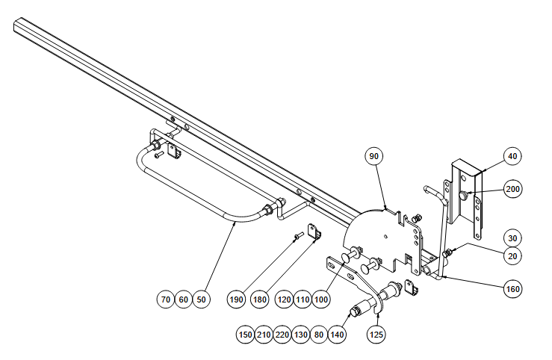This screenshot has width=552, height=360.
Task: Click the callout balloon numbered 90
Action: (x=374, y=156)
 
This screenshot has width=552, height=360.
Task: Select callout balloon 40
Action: (x=512, y=156)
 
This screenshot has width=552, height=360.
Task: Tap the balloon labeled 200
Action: (x=512, y=189)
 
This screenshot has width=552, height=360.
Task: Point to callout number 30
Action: (x=512, y=238)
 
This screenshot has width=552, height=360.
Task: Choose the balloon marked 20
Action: (x=512, y=256)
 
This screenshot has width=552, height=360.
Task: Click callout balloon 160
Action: (x=512, y=289)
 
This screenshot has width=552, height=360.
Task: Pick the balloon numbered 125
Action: (x=376, y=334)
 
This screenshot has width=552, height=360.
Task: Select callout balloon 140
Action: (x=337, y=334)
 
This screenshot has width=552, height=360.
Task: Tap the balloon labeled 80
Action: (x=319, y=334)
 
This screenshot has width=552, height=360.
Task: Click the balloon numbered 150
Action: (x=245, y=334)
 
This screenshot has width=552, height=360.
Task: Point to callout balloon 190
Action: (x=236, y=300)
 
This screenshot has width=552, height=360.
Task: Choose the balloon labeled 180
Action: (x=259, y=300)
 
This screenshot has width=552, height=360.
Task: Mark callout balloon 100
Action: (x=320, y=300)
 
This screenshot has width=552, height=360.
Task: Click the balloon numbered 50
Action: (x=201, y=300)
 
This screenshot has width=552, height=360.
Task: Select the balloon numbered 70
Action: (x=166, y=300)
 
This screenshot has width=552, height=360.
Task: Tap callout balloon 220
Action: (x=282, y=334)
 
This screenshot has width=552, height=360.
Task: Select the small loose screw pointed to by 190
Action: (x=299, y=235)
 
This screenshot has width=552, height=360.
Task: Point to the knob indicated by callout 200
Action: (x=464, y=195)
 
